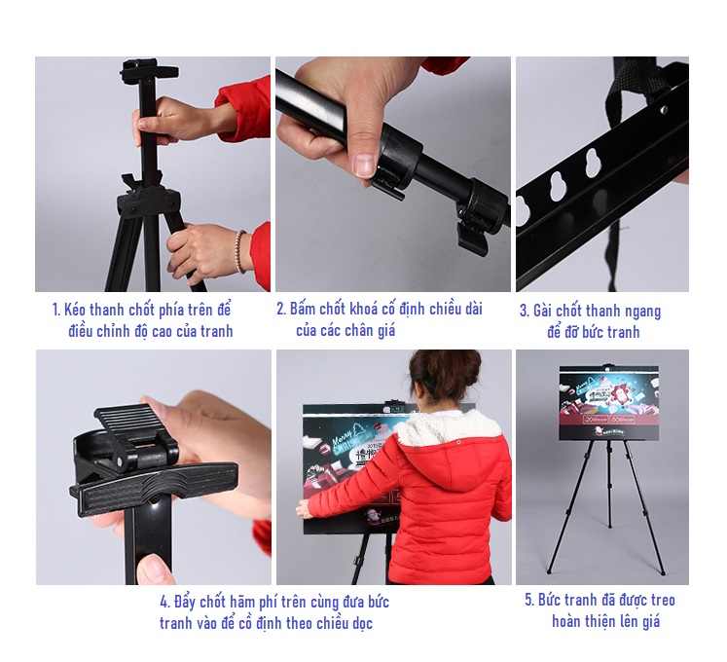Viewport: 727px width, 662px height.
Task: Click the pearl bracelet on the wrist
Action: coord(239,251)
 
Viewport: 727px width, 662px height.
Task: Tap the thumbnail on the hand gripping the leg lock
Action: coord(364,165)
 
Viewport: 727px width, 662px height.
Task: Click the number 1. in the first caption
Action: coord(56,310)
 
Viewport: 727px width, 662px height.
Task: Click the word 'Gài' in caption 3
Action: coord(542,311)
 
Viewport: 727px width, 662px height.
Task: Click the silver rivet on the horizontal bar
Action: coord(664,110)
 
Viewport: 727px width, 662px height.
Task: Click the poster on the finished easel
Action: coord(609,403)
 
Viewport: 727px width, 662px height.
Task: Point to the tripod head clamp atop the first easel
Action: coord(148,69)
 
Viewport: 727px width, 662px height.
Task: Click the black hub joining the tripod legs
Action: coord(148,201)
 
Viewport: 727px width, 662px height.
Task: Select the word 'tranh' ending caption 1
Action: coord(216,331)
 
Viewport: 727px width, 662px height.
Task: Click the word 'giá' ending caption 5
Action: coord(650,622)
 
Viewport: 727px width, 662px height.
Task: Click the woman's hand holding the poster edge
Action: coord(303,509)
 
